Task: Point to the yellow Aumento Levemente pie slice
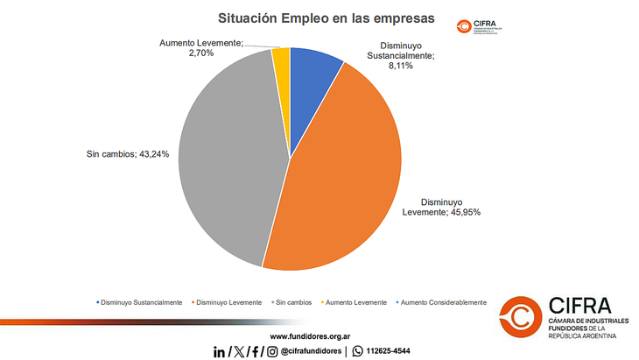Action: pos(281,57)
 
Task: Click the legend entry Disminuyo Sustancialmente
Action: pos(141,302)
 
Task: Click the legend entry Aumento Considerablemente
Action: pos(440,302)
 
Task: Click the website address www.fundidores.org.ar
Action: pos(311,335)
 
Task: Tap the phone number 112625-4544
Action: pos(385,351)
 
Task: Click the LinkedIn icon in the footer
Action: pos(219,351)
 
